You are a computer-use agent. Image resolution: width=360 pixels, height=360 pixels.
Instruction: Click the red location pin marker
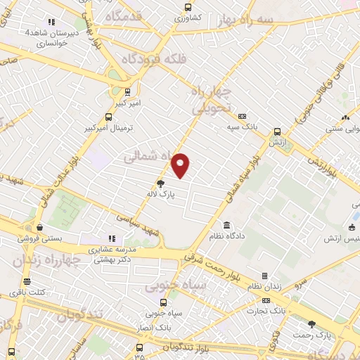coord(181,165)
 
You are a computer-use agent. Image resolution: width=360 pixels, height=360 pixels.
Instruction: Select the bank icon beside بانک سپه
coord(243,117)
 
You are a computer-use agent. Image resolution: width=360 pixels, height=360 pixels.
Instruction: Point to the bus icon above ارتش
coord(277,131)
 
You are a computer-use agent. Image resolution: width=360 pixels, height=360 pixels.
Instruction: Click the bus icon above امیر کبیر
coord(127,91)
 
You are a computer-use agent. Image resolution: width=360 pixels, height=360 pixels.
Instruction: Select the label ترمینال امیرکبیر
coord(108,129)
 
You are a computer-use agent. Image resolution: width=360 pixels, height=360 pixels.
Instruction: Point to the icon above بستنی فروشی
coord(41,228)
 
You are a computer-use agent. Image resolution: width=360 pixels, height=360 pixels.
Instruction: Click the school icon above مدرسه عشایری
coord(111,238)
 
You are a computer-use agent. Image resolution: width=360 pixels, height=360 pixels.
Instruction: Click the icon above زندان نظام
coord(264,276)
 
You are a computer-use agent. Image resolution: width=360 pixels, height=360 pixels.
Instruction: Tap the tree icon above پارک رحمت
coord(312,323)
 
